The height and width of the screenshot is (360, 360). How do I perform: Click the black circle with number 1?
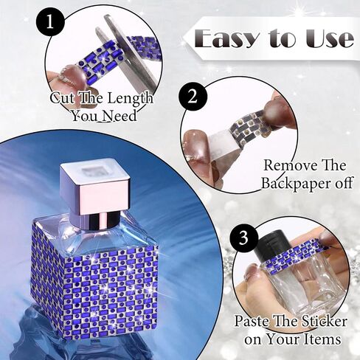[50, 22]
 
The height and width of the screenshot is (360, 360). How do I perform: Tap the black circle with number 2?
[193, 97]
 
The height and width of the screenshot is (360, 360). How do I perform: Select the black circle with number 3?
[243, 238]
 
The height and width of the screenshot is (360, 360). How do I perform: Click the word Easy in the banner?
[227, 38]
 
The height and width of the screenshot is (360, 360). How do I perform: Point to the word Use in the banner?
[330, 38]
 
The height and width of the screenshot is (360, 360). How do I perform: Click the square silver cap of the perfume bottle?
[95, 184]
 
